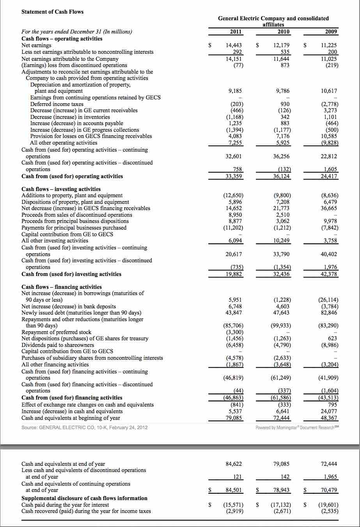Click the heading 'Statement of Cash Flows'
(52, 12)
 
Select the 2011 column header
(234, 32)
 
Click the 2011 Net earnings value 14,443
(234, 46)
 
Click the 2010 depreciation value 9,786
(283, 91)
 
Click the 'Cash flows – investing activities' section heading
(61, 189)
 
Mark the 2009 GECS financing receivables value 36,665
(330, 208)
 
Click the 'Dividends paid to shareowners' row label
(58, 345)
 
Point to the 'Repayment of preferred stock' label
(56, 332)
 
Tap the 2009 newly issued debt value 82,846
(330, 313)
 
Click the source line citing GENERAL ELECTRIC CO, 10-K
(84, 427)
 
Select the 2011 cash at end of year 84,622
(234, 464)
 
